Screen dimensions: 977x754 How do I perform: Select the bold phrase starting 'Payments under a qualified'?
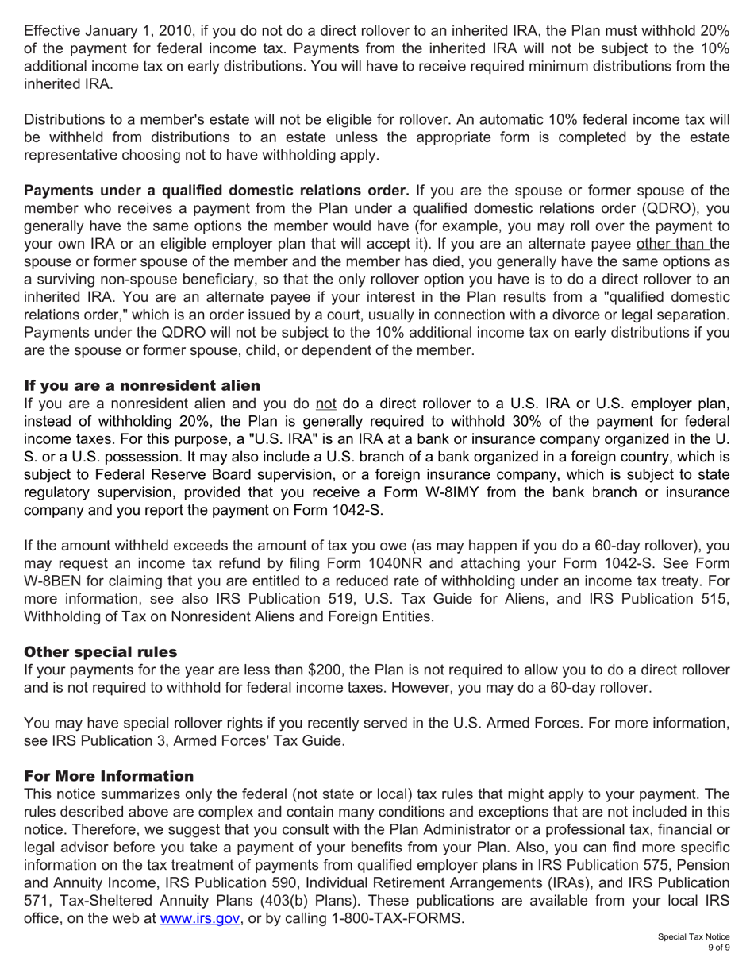coord(217,191)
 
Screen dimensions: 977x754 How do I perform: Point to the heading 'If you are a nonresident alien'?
coord(142,385)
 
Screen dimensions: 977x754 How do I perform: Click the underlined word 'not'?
coord(326,403)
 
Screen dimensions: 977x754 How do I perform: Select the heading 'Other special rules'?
coord(101,652)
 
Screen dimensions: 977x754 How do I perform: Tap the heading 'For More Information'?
coord(109,776)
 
